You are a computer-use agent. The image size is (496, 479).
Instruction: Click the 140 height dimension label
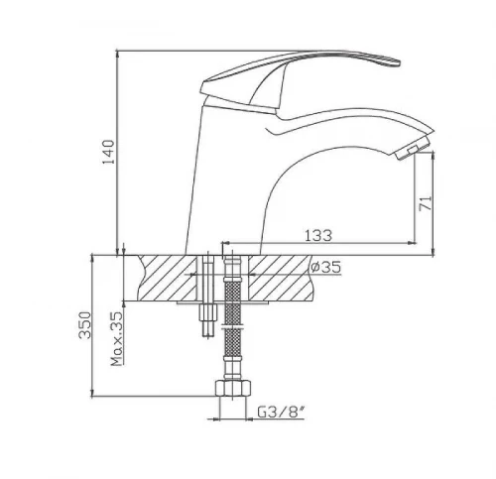[108, 152]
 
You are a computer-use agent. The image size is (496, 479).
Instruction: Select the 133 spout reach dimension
[317, 235]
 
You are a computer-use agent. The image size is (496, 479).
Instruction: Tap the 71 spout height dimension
[426, 203]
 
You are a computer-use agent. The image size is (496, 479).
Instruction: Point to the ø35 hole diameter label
[325, 267]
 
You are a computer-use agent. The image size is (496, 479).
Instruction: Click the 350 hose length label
[84, 324]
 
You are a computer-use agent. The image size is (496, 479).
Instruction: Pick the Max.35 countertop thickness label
[117, 339]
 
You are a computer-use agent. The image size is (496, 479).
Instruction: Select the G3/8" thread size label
[281, 412]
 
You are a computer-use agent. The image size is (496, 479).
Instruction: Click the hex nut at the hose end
[233, 388]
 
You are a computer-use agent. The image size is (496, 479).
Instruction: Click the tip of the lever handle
[400, 62]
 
